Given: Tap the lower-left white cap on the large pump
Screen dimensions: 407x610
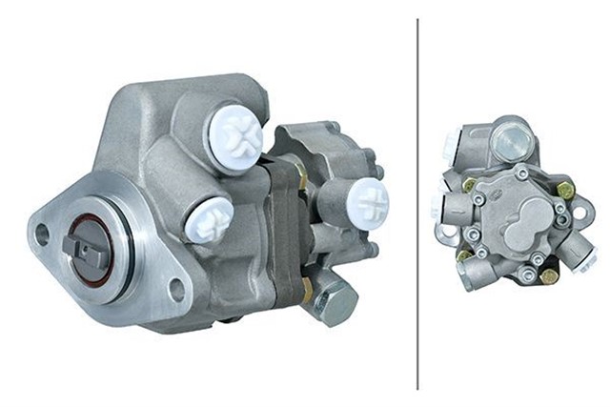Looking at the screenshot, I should (209, 220).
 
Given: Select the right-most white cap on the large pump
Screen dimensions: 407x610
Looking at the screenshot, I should (367, 203).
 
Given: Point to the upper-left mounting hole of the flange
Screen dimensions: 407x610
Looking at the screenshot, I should (42, 232).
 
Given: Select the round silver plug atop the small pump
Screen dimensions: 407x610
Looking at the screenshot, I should (513, 142).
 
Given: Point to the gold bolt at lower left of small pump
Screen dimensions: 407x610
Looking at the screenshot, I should (464, 254).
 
